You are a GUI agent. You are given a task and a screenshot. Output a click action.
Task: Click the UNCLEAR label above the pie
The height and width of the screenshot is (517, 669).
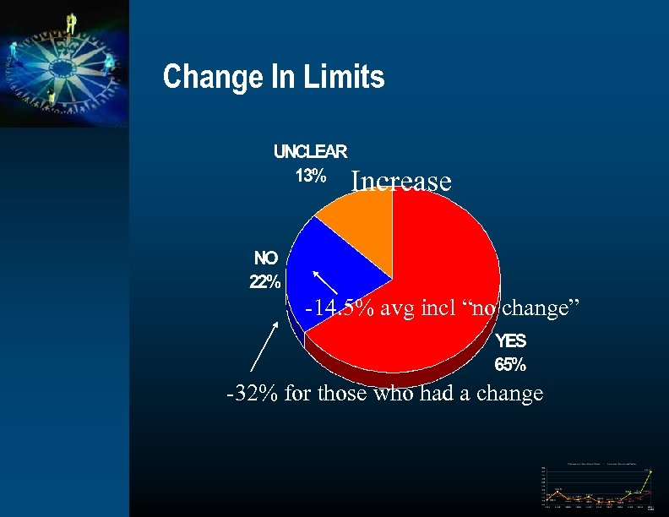[310, 152]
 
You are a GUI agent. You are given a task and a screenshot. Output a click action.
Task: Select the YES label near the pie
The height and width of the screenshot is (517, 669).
[511, 341]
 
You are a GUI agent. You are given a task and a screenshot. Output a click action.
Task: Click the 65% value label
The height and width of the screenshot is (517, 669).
[510, 366]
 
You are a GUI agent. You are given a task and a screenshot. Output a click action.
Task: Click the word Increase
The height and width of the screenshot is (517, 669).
[401, 182]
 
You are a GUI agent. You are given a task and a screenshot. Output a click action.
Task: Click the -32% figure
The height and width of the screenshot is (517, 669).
[252, 393]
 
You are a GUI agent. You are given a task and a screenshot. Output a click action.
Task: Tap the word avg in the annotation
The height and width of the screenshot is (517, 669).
[396, 310]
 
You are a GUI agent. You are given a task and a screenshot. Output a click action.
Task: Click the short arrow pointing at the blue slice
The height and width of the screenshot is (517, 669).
[325, 283]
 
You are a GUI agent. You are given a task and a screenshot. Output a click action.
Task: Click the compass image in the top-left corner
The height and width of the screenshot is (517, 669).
[64, 63]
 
